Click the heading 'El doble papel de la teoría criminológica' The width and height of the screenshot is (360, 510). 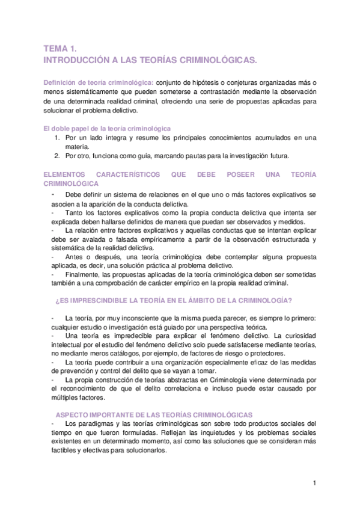(x=108, y=129)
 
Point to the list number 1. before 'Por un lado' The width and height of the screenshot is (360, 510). (x=56, y=138)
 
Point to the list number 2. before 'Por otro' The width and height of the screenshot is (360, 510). (x=56, y=156)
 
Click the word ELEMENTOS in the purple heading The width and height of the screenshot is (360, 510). (x=69, y=174)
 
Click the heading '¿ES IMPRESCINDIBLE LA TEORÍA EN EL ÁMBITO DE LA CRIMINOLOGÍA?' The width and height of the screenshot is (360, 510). (x=174, y=300)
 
